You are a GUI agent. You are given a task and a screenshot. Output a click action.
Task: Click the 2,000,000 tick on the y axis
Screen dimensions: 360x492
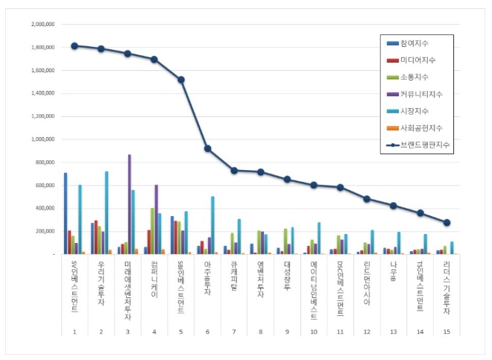(41, 24)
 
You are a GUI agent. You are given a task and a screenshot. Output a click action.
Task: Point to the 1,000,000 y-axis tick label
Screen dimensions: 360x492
(41, 139)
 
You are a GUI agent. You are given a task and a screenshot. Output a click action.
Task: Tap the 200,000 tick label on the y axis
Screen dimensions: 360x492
(43, 231)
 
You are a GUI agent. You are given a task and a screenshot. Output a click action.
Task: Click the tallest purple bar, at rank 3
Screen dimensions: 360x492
(129, 204)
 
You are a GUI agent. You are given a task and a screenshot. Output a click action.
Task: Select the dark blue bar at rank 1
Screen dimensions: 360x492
(66, 213)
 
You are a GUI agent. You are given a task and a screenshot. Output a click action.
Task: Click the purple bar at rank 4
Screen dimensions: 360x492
(157, 219)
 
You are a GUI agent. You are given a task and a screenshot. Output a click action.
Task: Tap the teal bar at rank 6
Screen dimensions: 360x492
(212, 225)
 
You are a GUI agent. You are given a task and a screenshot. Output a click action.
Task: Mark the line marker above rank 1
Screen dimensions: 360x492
(75, 45)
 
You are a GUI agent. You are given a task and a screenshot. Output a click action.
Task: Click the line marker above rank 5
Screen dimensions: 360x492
(182, 79)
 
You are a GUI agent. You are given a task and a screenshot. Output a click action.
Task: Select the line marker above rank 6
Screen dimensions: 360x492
(208, 148)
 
